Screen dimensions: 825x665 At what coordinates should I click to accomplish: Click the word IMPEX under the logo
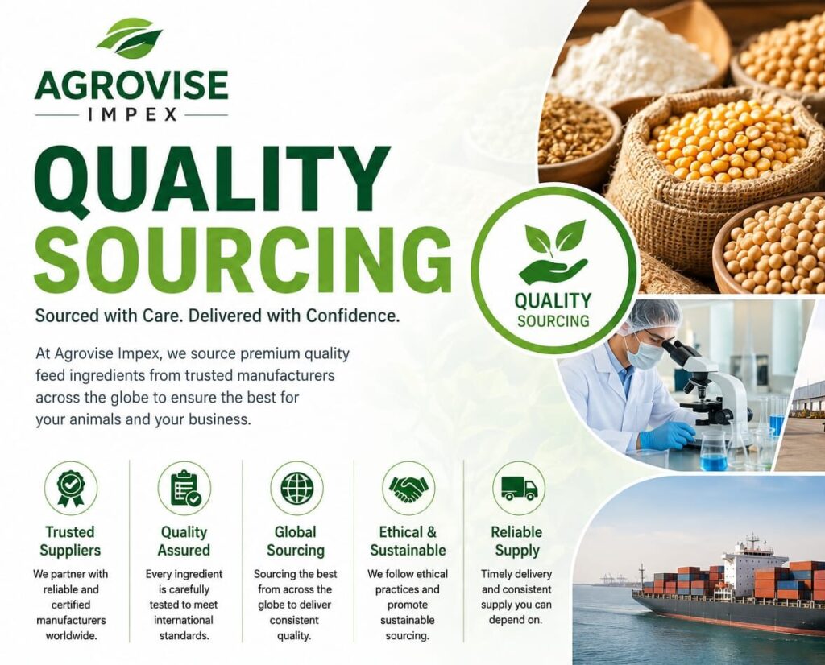(x=131, y=114)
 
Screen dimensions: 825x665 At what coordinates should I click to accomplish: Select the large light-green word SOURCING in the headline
(x=243, y=257)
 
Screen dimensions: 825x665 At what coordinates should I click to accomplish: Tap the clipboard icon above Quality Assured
(x=184, y=488)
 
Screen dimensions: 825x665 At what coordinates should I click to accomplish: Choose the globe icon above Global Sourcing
(x=296, y=488)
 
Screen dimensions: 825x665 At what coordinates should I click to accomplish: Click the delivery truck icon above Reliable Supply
(x=520, y=489)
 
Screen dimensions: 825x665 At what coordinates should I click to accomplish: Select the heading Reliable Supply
(x=517, y=541)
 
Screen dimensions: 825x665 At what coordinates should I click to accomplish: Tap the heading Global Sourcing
(x=296, y=541)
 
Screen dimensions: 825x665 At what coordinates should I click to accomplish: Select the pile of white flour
(x=636, y=56)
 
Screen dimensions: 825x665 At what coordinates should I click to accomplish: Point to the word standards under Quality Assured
(x=184, y=635)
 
